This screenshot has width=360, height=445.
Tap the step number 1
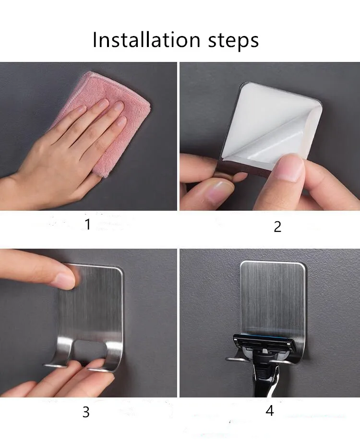[88, 224]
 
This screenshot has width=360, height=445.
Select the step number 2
[277, 227]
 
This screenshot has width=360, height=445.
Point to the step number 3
[86, 412]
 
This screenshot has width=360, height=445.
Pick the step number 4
[270, 410]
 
